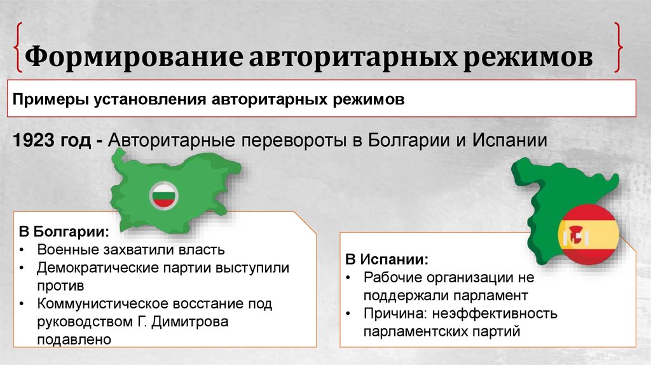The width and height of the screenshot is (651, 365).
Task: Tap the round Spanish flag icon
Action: pyautogui.click(x=588, y=235)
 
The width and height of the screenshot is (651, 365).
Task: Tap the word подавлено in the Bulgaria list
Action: pyautogui.click(x=74, y=340)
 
